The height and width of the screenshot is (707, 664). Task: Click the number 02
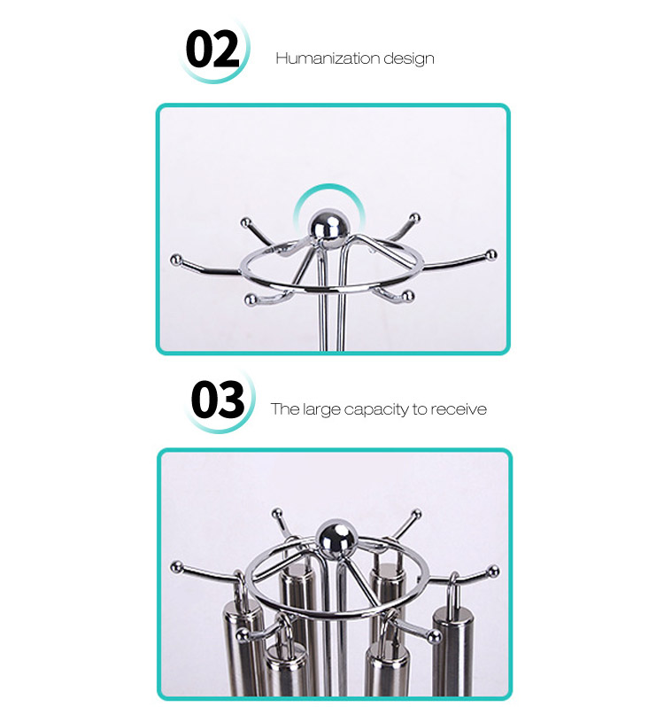(212, 49)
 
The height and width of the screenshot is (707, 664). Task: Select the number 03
(218, 399)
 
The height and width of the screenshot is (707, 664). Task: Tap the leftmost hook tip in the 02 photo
(176, 260)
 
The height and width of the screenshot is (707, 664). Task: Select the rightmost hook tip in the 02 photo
(491, 255)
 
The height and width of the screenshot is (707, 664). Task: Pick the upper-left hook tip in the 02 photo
(245, 222)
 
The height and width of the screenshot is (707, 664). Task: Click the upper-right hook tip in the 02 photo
(415, 218)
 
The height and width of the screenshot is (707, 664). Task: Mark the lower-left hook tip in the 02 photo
(251, 299)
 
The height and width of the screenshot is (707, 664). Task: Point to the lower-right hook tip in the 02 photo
(407, 296)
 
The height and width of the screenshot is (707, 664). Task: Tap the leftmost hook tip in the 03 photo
(176, 567)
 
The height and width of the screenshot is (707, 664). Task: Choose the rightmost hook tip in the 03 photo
(494, 571)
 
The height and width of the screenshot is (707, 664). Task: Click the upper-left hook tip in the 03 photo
(277, 513)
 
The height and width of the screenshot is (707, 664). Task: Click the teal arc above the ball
(329, 187)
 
